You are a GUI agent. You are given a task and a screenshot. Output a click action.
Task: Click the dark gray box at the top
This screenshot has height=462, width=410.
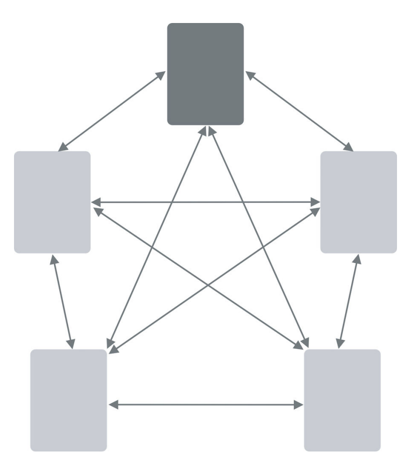(x=205, y=74)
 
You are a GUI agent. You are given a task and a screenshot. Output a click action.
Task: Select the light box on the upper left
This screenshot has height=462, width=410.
(x=52, y=202)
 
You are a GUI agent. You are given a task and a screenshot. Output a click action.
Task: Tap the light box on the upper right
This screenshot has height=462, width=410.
(x=358, y=202)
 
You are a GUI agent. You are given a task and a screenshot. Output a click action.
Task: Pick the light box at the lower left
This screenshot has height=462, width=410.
(x=68, y=400)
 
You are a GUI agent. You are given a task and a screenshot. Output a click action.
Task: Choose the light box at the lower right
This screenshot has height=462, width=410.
(x=342, y=400)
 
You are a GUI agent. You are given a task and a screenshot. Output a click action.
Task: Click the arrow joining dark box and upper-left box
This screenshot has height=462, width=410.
(x=112, y=111)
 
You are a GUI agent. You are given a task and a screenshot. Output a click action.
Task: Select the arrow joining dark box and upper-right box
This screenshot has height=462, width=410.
(x=299, y=111)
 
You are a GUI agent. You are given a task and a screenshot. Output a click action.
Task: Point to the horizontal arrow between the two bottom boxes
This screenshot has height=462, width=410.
(x=205, y=404)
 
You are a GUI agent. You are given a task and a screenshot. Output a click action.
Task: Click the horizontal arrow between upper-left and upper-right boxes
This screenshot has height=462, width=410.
(x=205, y=202)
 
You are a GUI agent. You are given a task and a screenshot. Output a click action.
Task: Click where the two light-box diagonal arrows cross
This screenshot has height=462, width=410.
(x=206, y=283)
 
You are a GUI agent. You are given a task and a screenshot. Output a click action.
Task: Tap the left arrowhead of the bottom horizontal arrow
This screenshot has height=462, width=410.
(x=113, y=404)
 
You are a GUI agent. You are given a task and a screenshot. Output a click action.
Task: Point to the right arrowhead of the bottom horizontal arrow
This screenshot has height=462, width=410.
(x=298, y=404)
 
